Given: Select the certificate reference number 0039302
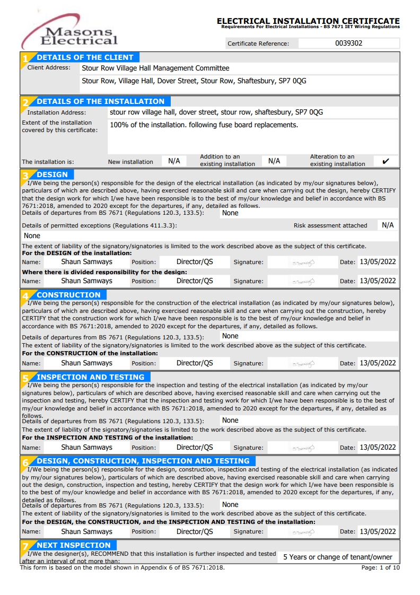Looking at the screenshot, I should (348, 43).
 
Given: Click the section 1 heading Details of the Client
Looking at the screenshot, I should (85, 57).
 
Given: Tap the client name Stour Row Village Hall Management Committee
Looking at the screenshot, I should (155, 68).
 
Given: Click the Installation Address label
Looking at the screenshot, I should (56, 113).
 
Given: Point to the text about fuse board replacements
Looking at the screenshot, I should (204, 125).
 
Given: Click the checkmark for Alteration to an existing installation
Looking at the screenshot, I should (386, 161).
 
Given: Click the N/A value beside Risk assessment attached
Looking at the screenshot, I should (388, 225).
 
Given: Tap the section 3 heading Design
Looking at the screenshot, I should (52, 174).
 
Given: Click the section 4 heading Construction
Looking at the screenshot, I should (68, 295).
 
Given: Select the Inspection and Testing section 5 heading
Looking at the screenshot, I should (90, 377).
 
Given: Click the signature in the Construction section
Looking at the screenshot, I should (304, 364).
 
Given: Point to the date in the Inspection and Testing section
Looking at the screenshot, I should (378, 448).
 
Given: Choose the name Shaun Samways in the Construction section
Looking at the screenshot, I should (86, 363).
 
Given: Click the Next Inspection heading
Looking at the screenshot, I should (73, 545).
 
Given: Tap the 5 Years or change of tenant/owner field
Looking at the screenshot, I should (337, 557).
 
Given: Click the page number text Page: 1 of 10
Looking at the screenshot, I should (380, 567).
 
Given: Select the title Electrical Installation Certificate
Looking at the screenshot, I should (308, 21).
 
